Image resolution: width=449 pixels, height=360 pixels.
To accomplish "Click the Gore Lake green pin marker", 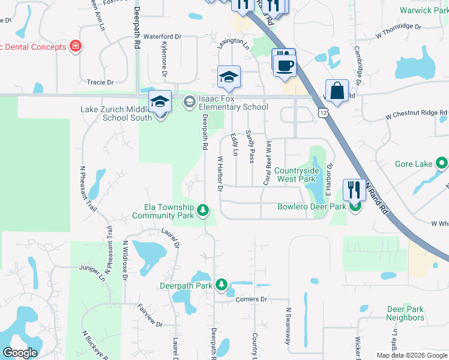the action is pyautogui.click(x=442, y=163).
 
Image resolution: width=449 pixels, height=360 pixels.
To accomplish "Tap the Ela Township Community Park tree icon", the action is pyautogui.click(x=203, y=210).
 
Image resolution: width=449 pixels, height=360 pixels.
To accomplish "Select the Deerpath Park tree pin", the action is pyautogui.click(x=221, y=285).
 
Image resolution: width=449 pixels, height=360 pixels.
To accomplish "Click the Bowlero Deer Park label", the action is pyautogui.click(x=312, y=207).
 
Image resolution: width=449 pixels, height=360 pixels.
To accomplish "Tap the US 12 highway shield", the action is pyautogui.click(x=324, y=112).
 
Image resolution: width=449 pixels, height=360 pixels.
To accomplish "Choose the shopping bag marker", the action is pyautogui.click(x=337, y=92).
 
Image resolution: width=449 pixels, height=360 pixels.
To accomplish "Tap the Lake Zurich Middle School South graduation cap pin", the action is pyautogui.click(x=160, y=102).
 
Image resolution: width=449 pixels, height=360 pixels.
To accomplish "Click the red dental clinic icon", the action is pyautogui.click(x=76, y=46).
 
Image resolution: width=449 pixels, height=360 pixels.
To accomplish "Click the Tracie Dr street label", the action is pyautogui.click(x=100, y=82).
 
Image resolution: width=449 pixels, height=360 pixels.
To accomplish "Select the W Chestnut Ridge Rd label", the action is pyautogui.click(x=416, y=114).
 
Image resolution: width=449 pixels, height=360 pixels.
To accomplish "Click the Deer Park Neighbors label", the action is pyautogui.click(x=405, y=313).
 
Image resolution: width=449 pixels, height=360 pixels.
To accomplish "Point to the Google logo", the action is pyautogui.click(x=20, y=352).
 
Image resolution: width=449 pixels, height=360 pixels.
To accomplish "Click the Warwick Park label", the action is pyautogui.click(x=424, y=11).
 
